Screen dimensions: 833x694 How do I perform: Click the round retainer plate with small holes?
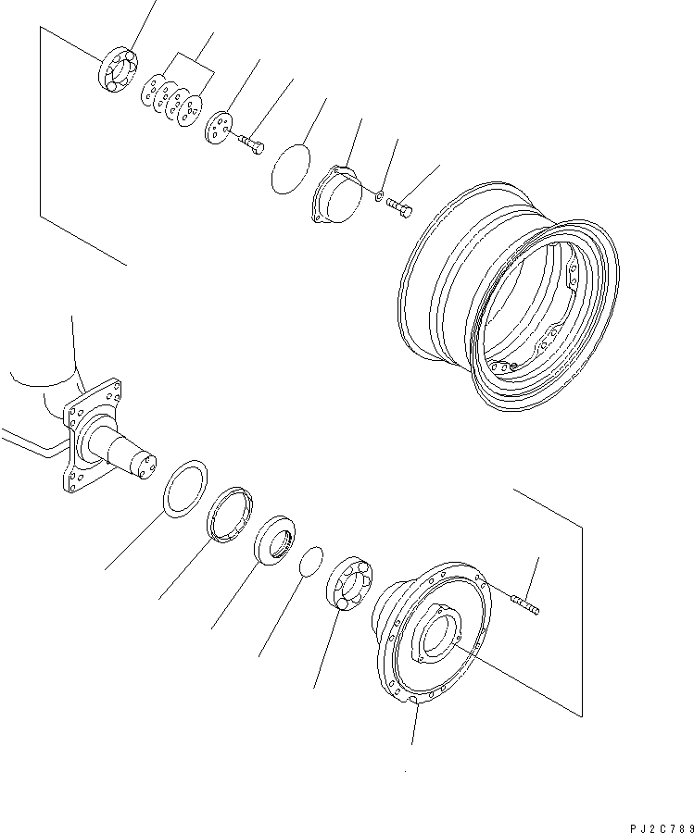[x=219, y=127]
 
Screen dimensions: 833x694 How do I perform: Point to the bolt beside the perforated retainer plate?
[x=250, y=143]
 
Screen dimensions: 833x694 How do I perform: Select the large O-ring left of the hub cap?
[x=290, y=169]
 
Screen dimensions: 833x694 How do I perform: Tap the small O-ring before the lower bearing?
[x=312, y=561]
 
